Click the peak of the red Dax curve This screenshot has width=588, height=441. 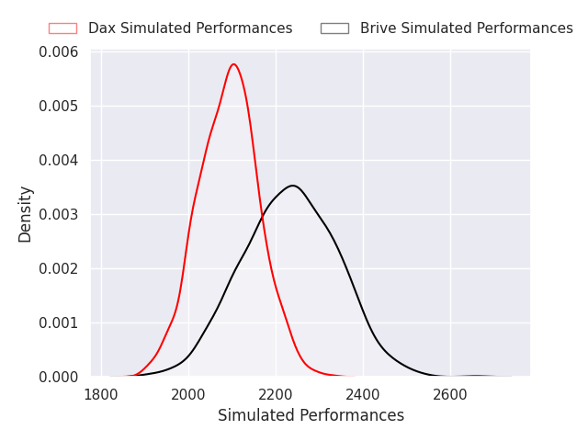[234, 64]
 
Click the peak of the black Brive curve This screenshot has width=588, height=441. [292, 186]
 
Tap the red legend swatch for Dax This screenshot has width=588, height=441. [62, 28]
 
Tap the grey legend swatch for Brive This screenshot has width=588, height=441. [334, 28]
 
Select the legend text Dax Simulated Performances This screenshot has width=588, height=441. [190, 28]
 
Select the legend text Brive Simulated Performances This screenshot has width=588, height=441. [466, 28]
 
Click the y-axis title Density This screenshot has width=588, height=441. [26, 214]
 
